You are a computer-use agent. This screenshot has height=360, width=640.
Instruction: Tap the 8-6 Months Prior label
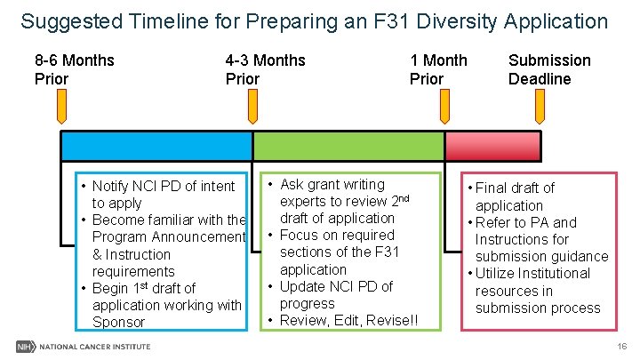tap(74, 69)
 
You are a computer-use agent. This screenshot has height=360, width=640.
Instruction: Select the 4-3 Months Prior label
tap(265, 69)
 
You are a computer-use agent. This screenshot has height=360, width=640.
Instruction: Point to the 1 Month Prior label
tap(437, 69)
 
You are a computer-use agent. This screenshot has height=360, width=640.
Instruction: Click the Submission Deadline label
tap(548, 69)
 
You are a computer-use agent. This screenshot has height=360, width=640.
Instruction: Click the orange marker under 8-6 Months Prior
tap(62, 109)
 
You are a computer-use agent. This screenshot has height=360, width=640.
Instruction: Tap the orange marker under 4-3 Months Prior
tap(252, 109)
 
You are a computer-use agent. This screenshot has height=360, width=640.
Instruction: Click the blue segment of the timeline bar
tap(156, 146)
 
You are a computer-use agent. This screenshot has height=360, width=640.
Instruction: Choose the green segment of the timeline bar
tap(348, 146)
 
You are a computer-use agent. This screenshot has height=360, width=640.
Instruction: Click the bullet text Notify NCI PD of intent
tap(163, 186)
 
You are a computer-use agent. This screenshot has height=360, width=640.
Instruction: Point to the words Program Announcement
tap(168, 236)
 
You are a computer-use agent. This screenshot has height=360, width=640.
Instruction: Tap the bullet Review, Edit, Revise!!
tap(348, 320)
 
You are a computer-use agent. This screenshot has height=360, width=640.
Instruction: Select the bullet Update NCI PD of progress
tap(336, 294)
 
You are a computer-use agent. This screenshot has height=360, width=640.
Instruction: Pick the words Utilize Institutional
tap(532, 273)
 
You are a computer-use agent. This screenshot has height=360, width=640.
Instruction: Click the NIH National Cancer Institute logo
tap(84, 345)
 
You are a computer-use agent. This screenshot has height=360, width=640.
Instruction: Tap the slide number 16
tap(621, 345)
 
